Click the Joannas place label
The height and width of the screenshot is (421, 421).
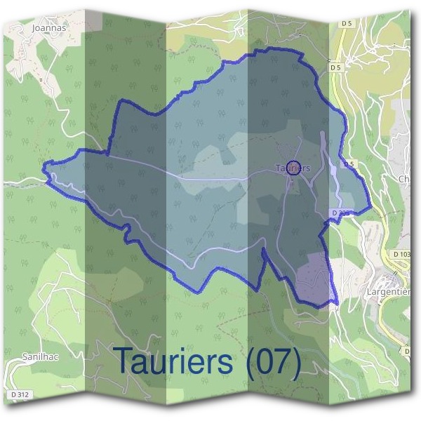pyautogui.click(x=48, y=29)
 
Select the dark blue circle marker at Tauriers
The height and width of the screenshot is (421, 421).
pyautogui.click(x=294, y=167)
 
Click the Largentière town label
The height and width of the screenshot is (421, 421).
pyautogui.click(x=388, y=290)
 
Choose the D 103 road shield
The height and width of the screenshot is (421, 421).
pyautogui.click(x=402, y=254)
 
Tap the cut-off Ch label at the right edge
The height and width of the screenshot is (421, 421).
pyautogui.click(x=404, y=179)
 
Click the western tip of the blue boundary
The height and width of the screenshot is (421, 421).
pyautogui.click(x=45, y=168)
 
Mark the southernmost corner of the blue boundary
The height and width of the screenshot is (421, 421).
pyautogui.click(x=335, y=305)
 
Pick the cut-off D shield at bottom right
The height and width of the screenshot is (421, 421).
pyautogui.click(x=406, y=349)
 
